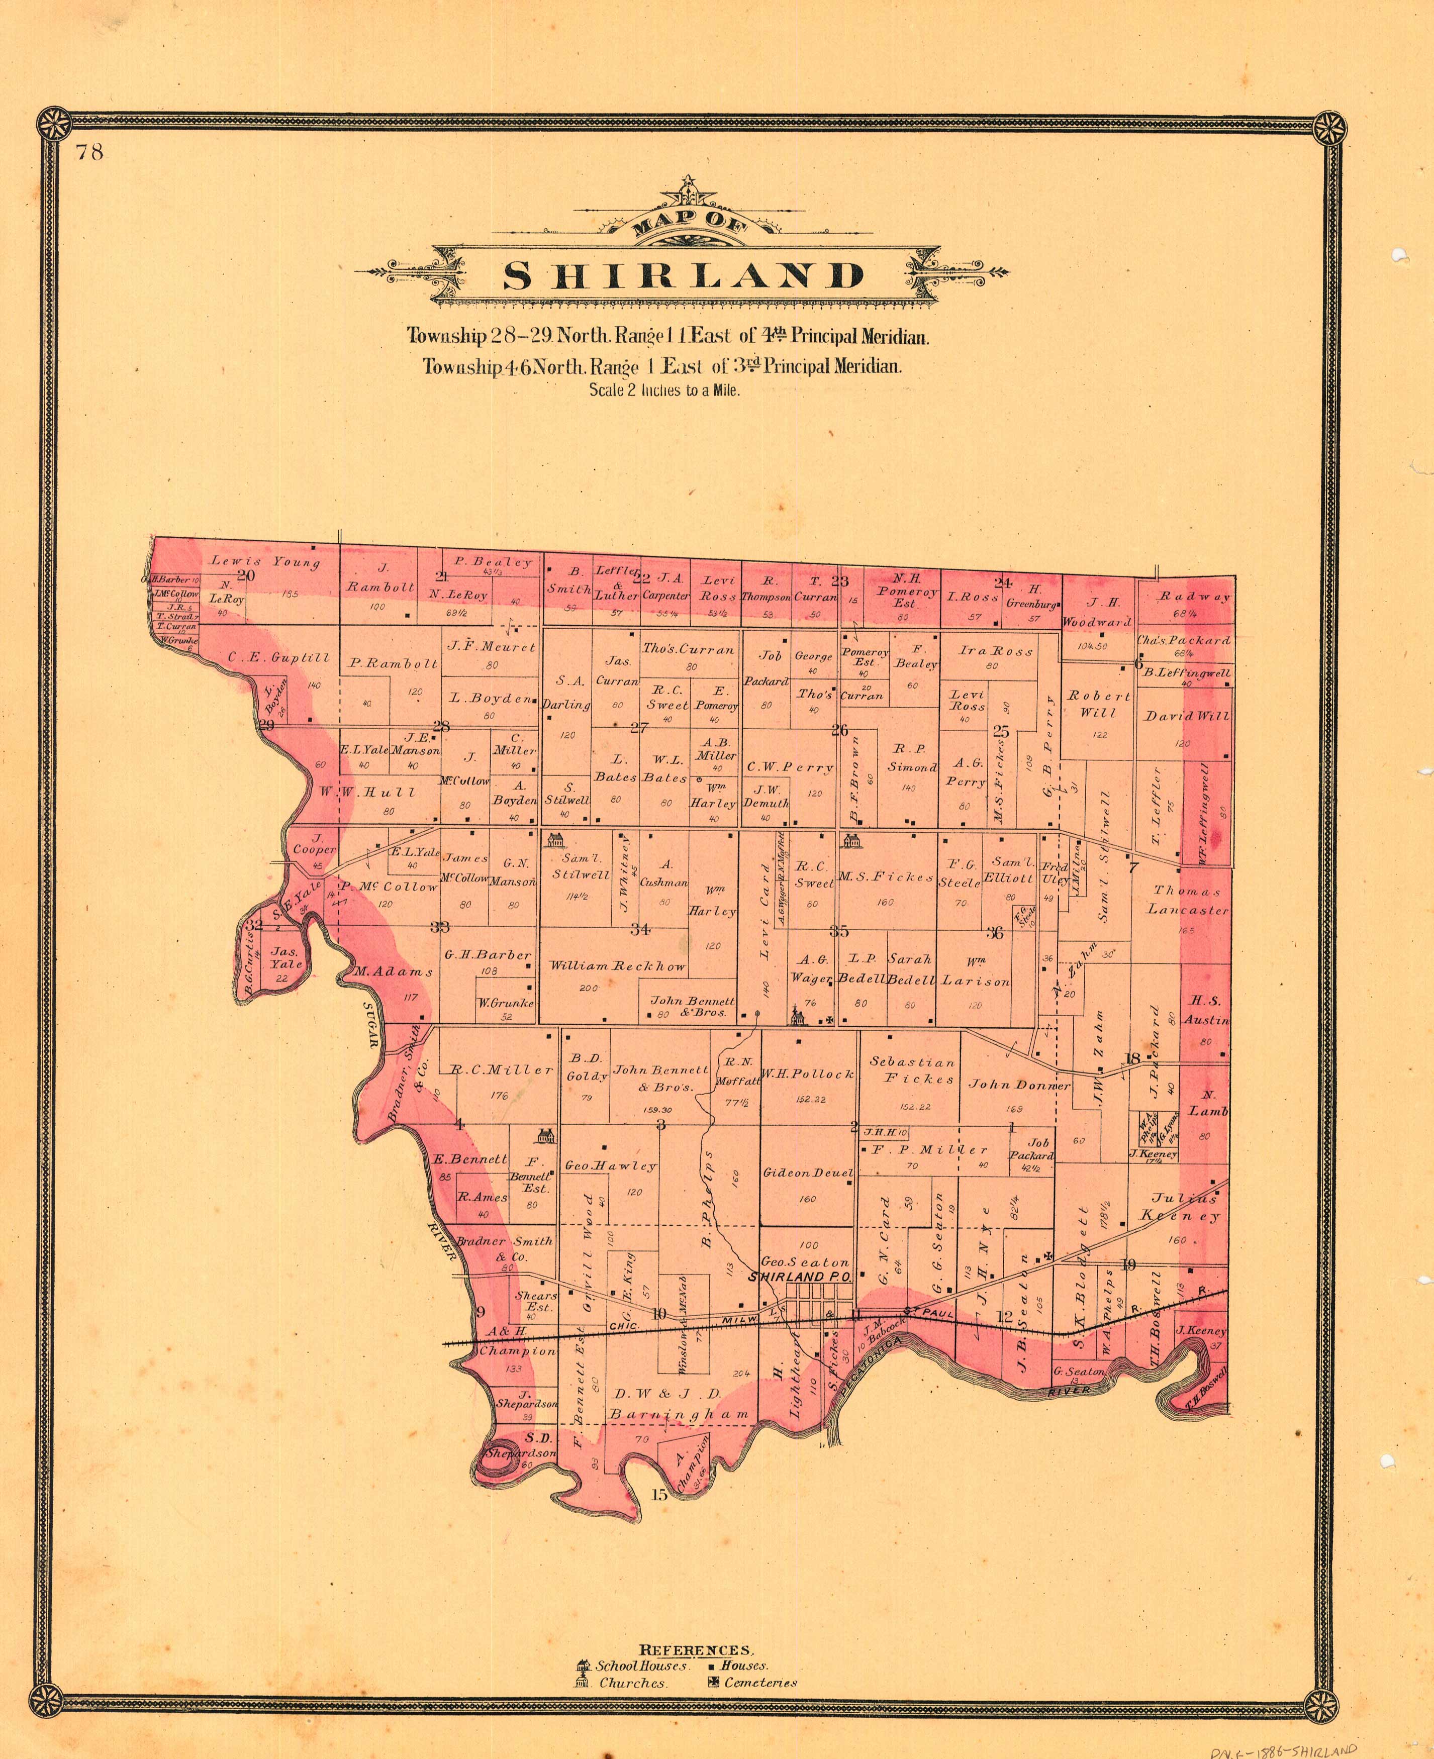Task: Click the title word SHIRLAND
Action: [x=682, y=276]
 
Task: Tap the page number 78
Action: [x=89, y=152]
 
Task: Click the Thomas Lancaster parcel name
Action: [x=1187, y=900]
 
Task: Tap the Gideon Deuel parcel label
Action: [x=807, y=1172]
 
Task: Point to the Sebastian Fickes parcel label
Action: [x=912, y=1070]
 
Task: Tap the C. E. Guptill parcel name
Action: [x=267, y=658]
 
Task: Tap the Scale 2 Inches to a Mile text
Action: [x=664, y=390]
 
